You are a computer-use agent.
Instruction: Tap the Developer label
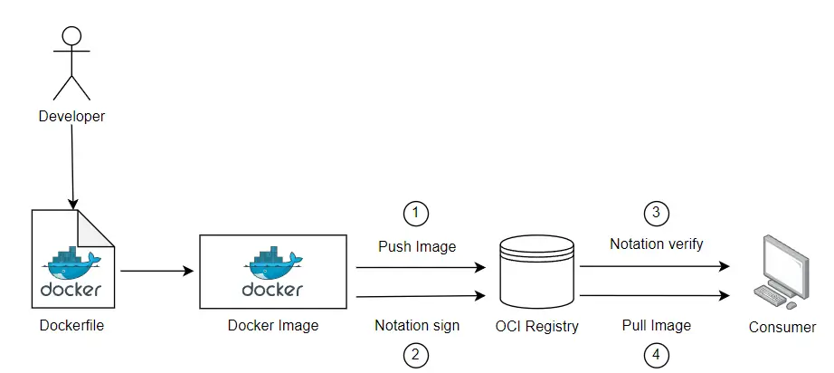click(x=71, y=116)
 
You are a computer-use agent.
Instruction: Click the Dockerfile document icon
click(x=72, y=263)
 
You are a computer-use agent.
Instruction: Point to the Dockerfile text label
click(x=71, y=326)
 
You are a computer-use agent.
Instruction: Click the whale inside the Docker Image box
click(x=272, y=263)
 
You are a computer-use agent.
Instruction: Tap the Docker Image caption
click(x=272, y=326)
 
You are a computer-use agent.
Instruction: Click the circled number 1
click(x=415, y=214)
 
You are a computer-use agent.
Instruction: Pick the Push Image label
click(x=417, y=246)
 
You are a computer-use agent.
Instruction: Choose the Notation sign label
click(x=417, y=325)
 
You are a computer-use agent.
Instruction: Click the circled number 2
click(x=415, y=355)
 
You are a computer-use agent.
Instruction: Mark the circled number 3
click(x=657, y=214)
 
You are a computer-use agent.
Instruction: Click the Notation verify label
click(x=657, y=244)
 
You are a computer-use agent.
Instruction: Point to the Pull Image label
click(x=657, y=325)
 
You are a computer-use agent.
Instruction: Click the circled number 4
click(x=657, y=355)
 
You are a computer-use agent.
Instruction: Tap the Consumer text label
click(x=782, y=327)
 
